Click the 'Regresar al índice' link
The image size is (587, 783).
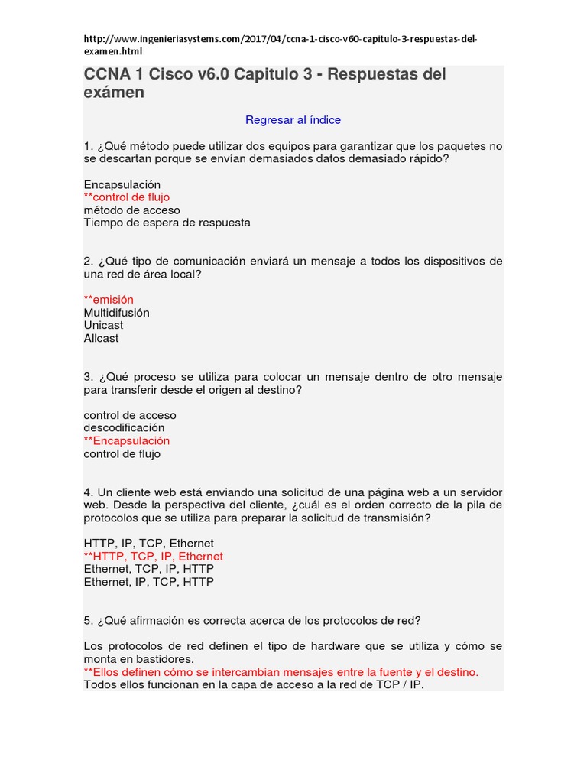tap(293, 120)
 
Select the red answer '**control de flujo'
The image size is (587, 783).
tap(127, 197)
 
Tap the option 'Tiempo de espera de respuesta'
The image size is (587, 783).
tap(167, 223)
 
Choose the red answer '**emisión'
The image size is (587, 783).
tap(109, 300)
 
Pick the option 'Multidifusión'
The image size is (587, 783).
tap(116, 313)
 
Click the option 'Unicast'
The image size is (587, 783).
tap(103, 325)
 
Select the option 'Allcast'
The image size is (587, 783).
tap(101, 338)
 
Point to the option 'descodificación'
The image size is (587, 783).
tap(124, 427)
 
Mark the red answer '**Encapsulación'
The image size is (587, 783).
tap(127, 440)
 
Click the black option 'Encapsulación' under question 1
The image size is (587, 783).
tap(122, 184)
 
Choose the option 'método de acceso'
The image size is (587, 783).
tap(131, 210)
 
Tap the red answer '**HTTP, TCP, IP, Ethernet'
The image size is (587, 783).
tap(153, 556)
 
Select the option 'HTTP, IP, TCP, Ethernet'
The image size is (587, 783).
tap(148, 543)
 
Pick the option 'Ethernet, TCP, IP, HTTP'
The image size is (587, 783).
tap(148, 569)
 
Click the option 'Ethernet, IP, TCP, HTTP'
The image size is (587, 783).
tap(148, 582)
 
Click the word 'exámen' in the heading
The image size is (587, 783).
tap(114, 93)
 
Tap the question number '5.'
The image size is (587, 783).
tap(88, 620)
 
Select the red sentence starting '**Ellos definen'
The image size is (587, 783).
tap(281, 671)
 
